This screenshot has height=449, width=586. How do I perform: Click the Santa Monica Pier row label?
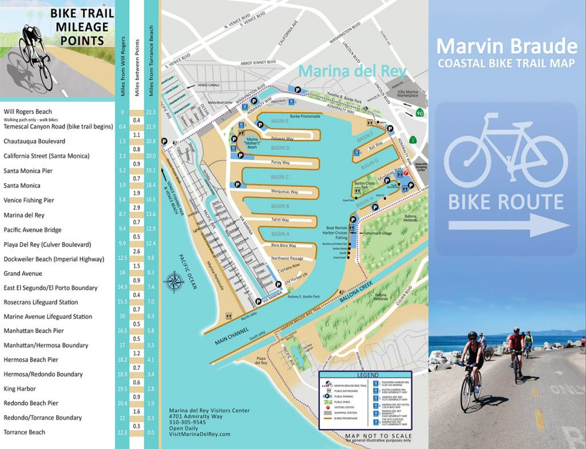click(28, 170)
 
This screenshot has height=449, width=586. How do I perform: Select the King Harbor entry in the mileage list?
click(20, 388)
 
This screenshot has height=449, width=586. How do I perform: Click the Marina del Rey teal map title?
click(352, 71)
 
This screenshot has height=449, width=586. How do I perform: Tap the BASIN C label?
click(280, 177)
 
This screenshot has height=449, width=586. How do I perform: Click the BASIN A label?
click(280, 234)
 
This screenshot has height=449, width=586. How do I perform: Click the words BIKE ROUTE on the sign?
click(505, 202)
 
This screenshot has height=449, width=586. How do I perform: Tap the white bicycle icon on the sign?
click(506, 150)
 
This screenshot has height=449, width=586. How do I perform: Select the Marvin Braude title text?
click(506, 45)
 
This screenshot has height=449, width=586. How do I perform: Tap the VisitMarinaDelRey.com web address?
click(199, 434)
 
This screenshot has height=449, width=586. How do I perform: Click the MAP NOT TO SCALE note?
click(378, 435)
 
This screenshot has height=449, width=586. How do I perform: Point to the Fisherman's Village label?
click(378, 233)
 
